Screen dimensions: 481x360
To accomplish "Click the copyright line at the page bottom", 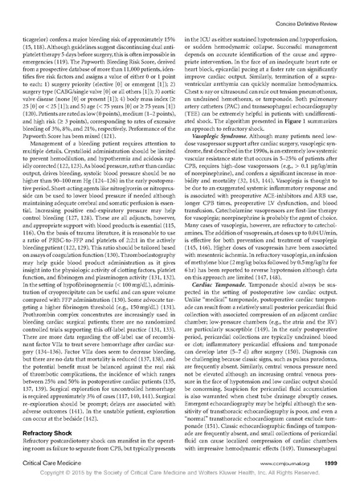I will coord(179,471).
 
